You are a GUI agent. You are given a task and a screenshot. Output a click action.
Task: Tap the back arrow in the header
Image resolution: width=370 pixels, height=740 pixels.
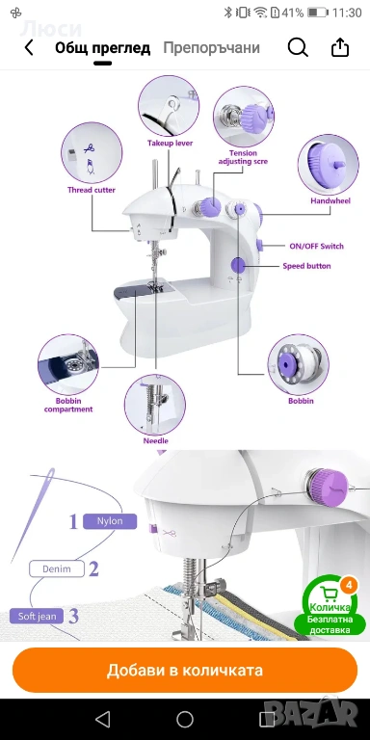pos(29,47)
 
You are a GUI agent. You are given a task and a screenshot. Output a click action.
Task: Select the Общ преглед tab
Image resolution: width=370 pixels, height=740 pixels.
pos(102,48)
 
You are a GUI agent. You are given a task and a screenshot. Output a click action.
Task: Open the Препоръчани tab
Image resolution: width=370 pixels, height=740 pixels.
pos(211,48)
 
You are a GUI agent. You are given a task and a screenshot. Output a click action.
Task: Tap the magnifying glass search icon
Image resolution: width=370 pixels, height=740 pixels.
pos(298,47)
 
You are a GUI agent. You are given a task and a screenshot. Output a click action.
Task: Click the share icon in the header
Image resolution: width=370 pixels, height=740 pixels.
pos(340,47)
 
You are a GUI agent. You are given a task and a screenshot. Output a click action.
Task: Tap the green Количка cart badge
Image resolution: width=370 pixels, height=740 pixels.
pos(330,607)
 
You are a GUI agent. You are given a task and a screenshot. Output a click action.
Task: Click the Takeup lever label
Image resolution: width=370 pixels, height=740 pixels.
pos(170,143)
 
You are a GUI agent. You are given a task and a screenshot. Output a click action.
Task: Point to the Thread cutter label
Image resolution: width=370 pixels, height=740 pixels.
pos(92,190)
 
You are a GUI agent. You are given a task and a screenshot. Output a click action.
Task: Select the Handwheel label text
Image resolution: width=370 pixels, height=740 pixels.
pos(330,200)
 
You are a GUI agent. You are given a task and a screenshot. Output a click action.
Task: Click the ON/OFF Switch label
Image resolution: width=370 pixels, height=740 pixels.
pos(316,246)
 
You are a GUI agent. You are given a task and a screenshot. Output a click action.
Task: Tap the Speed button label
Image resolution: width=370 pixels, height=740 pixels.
pos(306,266)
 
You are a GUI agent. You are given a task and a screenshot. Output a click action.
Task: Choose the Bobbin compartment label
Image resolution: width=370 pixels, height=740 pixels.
pos(68,405)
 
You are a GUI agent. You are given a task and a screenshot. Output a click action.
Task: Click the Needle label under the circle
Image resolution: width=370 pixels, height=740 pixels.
pos(156,440)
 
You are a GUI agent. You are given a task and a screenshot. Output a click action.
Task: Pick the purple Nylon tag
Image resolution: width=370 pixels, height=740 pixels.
pos(110,521)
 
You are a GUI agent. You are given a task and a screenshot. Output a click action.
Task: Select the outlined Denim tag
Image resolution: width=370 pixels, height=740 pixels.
pos(57,568)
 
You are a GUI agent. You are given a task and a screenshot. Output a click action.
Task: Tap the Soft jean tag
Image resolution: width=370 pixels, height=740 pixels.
pos(37,617)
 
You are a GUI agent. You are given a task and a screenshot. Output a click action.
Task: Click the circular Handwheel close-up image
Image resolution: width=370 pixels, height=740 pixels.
pos(329,165)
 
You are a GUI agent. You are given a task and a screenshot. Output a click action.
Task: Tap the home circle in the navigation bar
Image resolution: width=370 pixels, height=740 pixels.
pos(185,719)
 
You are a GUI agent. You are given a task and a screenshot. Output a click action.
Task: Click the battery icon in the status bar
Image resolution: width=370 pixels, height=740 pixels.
pos(317,13)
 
